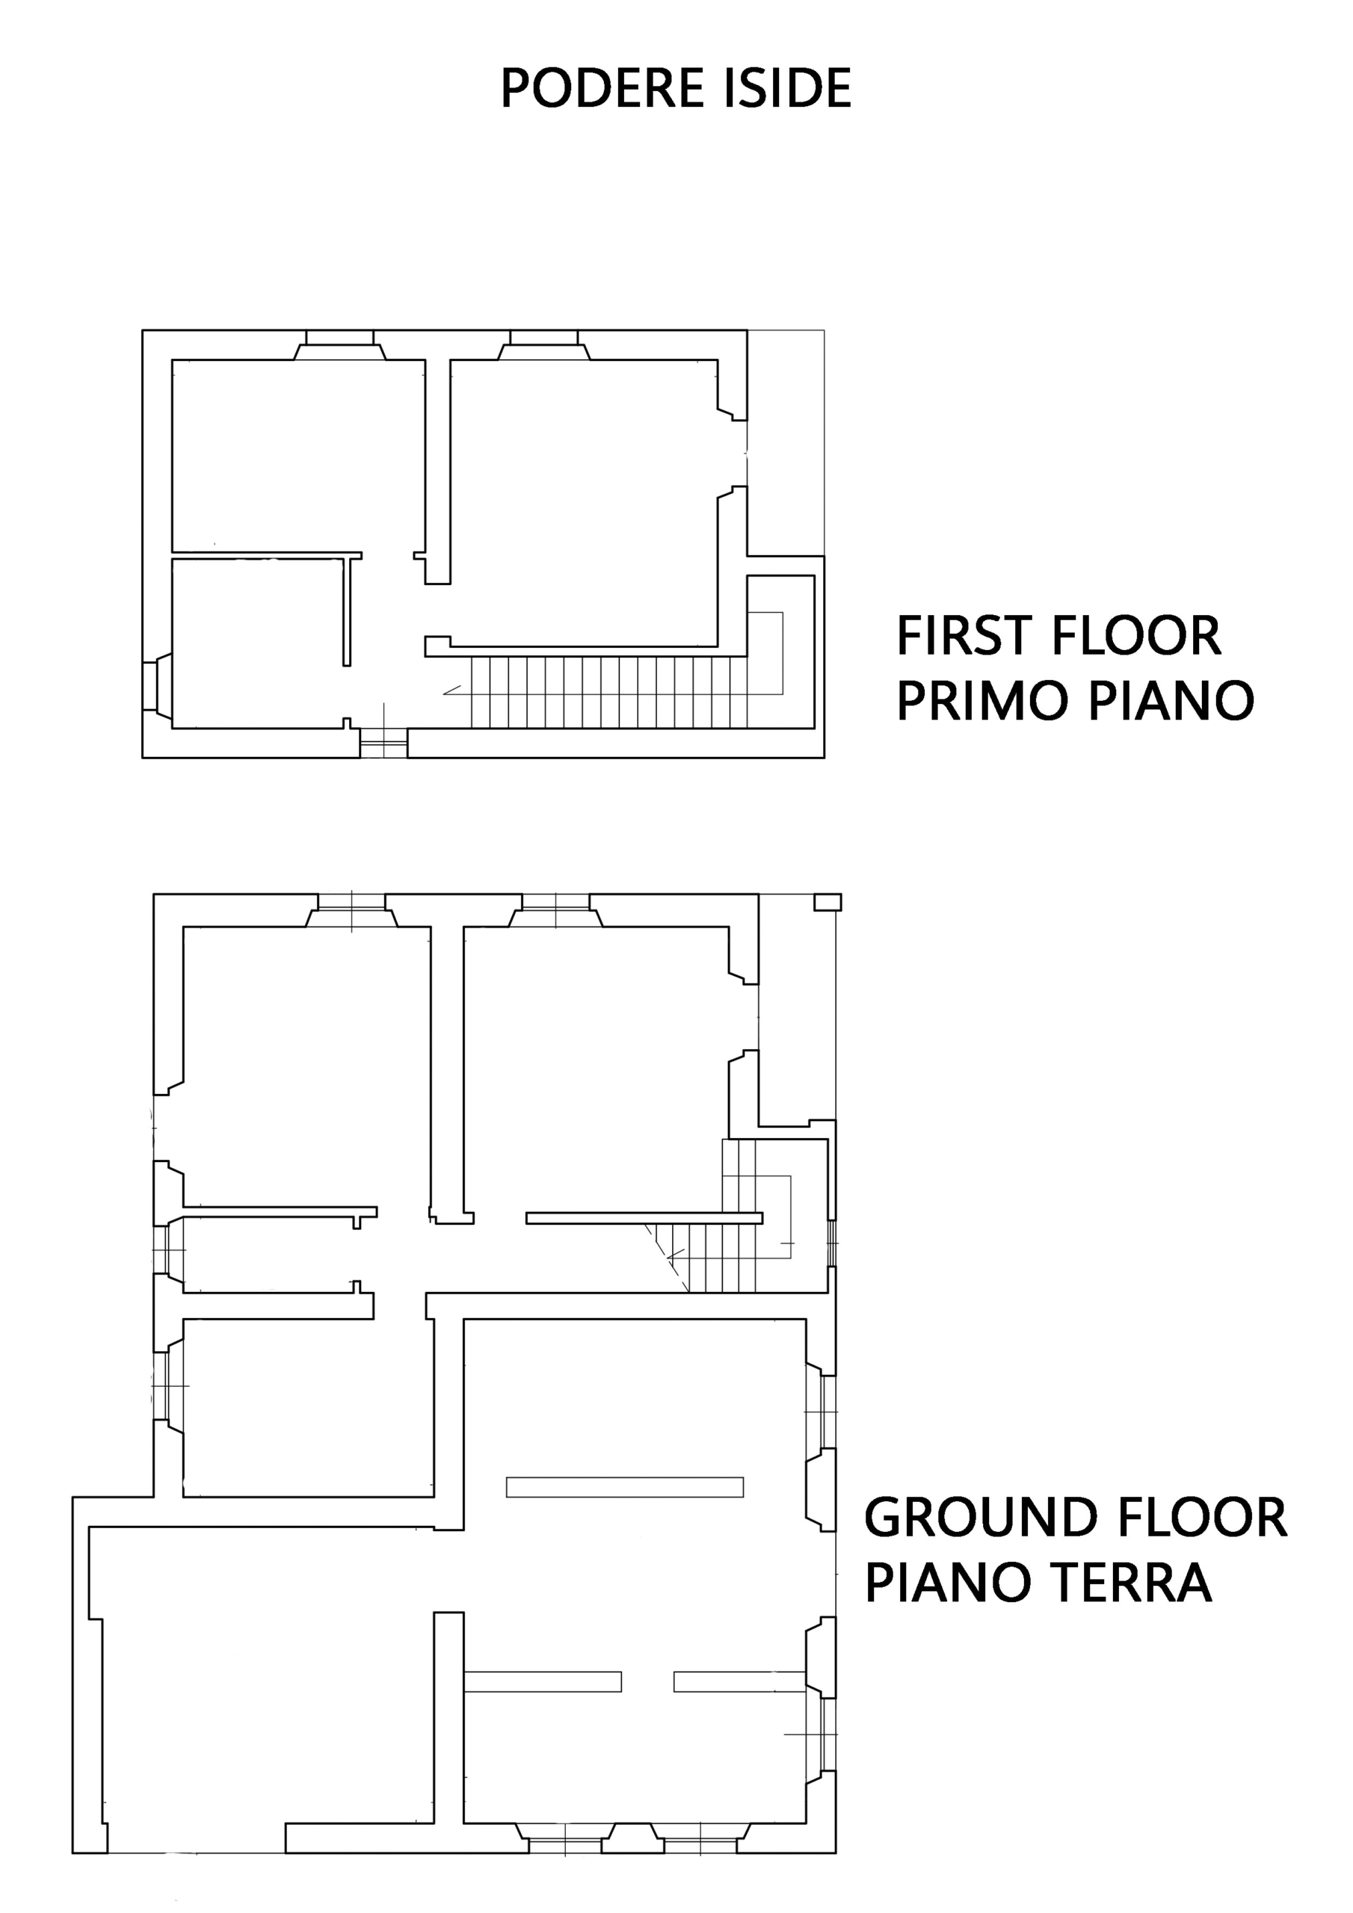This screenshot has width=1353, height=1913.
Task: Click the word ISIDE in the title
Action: (788, 88)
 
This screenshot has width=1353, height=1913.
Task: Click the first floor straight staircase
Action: (609, 691)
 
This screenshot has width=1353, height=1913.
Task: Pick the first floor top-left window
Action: (339, 345)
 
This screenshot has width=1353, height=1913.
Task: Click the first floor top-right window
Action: (543, 345)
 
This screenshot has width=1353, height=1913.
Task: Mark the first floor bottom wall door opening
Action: (383, 744)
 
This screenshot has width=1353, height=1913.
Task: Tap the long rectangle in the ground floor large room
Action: (624, 1487)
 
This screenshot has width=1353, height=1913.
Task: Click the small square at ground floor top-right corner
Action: (827, 903)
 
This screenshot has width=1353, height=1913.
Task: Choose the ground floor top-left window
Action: (351, 911)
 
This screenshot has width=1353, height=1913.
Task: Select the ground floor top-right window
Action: (555, 911)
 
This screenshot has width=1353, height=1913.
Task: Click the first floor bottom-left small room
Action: (258, 643)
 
